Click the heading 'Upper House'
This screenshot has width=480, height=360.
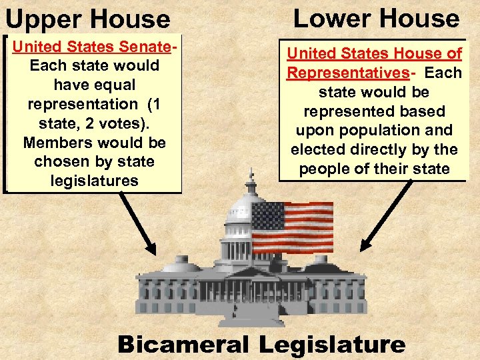click(x=87, y=19)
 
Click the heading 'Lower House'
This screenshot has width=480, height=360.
click(x=377, y=18)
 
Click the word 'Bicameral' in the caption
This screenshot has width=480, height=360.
click(x=184, y=344)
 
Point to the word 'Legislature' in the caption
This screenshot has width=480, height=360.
click(x=332, y=344)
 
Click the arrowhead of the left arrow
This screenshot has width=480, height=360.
click(x=151, y=249)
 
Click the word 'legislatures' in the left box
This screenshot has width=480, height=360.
click(x=94, y=181)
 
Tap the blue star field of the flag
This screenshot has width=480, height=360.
click(x=268, y=217)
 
